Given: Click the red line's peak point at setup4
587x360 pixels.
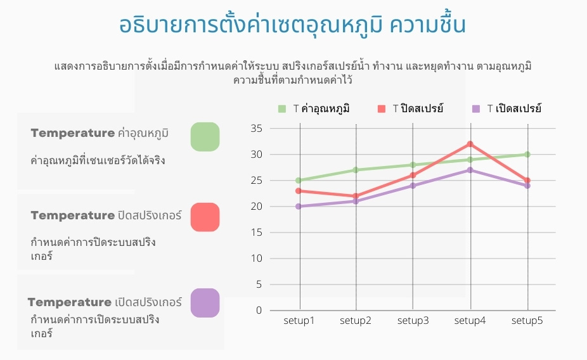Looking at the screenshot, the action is pos(470,144).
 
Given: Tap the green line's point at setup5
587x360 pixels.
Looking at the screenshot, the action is pos(527,155).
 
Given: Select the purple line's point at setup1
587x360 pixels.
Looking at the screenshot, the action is pos(299,206).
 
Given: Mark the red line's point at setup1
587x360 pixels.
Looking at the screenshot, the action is pos(299,191).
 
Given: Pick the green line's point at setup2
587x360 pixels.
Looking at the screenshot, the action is pos(356,170).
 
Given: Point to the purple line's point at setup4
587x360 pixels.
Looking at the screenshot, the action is pos(470,170).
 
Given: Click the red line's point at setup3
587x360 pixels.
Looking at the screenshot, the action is pos(413,175).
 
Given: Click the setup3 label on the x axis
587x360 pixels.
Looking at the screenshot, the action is pos(413,321).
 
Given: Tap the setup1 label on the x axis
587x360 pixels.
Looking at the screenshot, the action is pos(299,321).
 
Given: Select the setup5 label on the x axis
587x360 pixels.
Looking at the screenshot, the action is pos(527,321).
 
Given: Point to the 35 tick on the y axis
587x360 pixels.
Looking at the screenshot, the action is pos(257,129).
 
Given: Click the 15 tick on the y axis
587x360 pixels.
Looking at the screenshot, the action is pos(257,233).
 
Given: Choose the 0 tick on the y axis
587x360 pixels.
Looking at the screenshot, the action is pos(259,310).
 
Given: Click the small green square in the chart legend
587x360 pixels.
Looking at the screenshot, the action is pos(282,109).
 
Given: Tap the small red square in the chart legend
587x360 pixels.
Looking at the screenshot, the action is pos(382,109).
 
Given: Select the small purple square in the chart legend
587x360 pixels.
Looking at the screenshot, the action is pos(476,109).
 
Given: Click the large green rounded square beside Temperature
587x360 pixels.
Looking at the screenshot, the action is pos(205,137).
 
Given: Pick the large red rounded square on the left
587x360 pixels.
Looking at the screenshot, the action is pos(205,217).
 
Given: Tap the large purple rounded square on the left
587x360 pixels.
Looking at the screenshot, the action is pos(205,303).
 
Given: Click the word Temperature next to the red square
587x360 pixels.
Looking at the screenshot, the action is pos(73,215).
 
